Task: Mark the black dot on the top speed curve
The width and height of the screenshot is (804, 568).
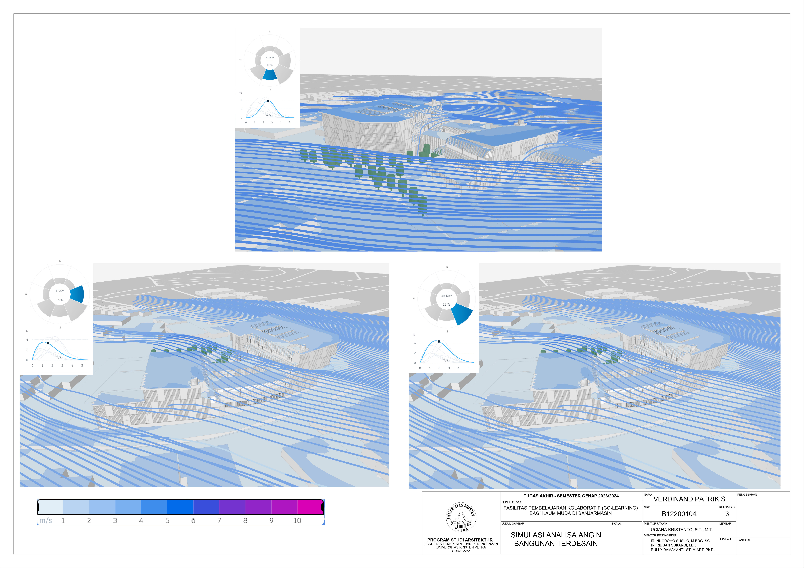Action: [268, 101]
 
